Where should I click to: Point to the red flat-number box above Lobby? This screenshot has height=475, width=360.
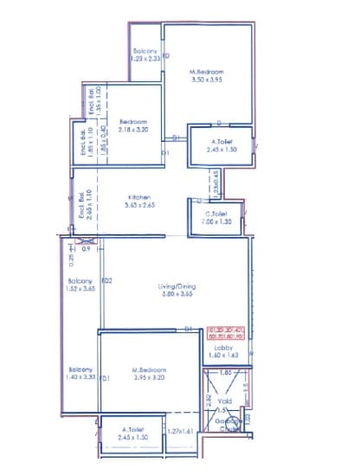226,334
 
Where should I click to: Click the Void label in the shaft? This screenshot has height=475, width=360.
224,401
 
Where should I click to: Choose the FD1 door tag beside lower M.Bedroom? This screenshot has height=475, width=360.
104,379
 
